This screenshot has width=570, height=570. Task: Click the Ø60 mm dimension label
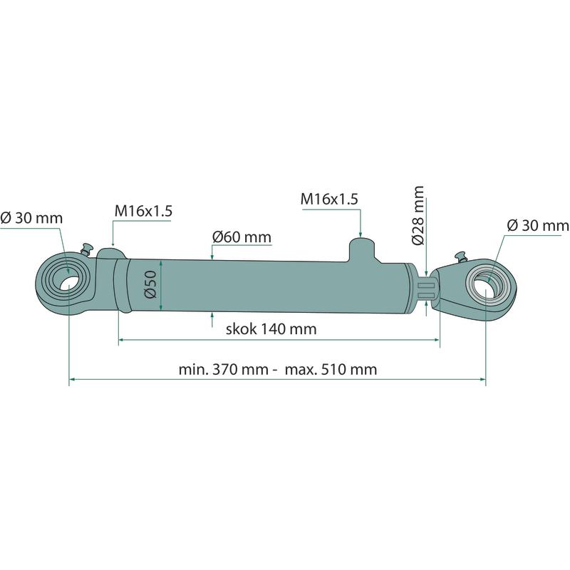(242, 237)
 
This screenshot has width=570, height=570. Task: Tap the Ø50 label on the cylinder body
(150, 284)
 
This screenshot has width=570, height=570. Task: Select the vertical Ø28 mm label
(418, 216)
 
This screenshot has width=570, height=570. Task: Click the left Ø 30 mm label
(31, 218)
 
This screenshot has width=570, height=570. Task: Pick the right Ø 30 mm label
(538, 225)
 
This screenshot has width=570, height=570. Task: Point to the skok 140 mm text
(271, 329)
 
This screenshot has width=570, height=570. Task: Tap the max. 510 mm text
(331, 369)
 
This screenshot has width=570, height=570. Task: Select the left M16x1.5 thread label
(143, 211)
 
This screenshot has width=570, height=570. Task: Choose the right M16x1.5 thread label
(329, 199)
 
